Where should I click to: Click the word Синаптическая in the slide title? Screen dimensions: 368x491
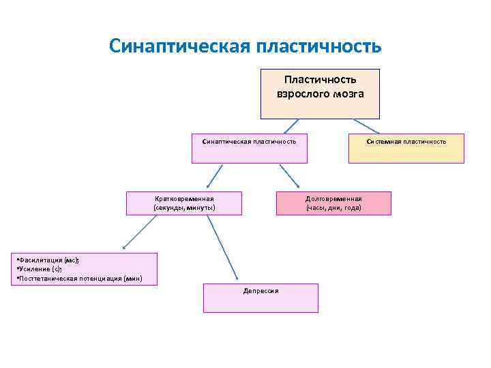click(x=179, y=46)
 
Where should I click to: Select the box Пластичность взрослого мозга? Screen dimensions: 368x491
click(x=320, y=93)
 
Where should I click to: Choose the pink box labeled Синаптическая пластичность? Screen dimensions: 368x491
click(x=249, y=148)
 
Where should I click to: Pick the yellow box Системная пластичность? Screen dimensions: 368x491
click(x=406, y=148)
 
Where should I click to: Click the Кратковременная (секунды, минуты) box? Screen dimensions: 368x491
click(x=184, y=203)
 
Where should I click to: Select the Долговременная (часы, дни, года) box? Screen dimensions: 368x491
click(x=333, y=203)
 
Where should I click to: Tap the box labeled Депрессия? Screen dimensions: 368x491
click(x=261, y=297)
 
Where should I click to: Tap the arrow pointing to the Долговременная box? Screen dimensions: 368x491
click(x=288, y=176)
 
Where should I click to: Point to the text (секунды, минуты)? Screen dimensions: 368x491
click(x=184, y=208)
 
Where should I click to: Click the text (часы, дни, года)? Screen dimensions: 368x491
click(x=333, y=208)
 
